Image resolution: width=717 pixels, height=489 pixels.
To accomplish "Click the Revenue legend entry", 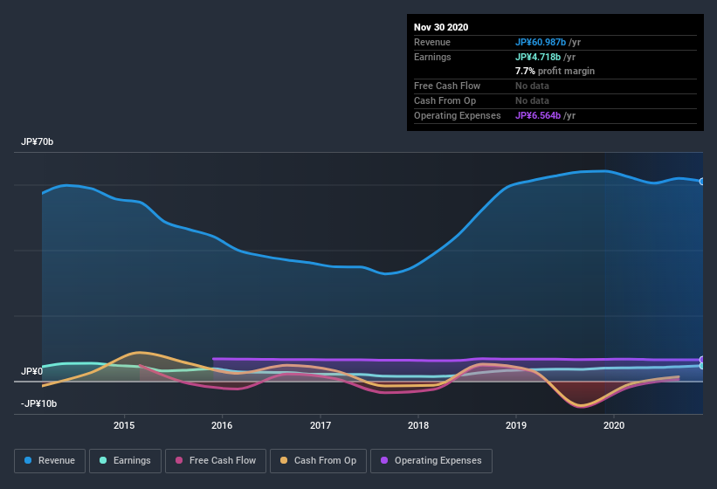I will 51,460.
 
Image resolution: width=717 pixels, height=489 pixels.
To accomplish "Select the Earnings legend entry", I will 126,460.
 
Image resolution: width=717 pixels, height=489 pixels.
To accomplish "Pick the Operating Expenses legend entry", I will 431,460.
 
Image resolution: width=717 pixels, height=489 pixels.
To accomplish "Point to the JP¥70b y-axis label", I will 39,141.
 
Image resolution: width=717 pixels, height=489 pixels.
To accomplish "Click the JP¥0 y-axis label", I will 32,371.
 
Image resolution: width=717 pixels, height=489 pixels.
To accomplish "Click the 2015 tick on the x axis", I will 124,425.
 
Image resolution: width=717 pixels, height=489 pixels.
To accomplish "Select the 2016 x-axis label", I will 222,425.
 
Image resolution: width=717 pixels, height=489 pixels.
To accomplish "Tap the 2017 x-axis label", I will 321,425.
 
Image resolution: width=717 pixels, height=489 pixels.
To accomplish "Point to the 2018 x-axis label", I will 418,425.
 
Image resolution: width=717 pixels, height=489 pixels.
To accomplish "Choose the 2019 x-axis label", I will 516,425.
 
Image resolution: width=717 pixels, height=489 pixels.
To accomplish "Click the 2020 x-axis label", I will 614,425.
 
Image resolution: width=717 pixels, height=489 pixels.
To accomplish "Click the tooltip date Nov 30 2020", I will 441,27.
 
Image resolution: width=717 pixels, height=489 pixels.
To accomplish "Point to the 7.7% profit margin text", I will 555,71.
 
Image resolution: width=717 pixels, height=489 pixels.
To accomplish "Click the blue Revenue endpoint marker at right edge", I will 702,182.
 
